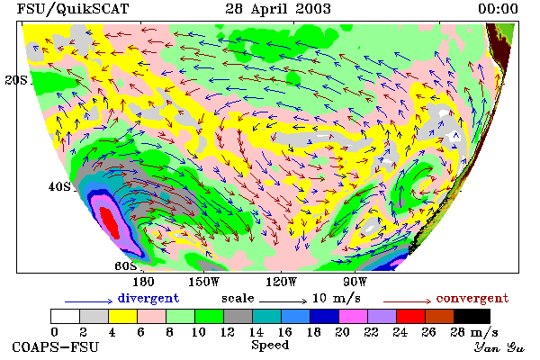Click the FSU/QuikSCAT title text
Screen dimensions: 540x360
[x=73, y=9]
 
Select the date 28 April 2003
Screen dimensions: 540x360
[x=278, y=9]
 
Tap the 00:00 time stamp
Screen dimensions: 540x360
[x=498, y=9]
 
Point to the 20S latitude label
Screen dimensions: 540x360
[x=16, y=80]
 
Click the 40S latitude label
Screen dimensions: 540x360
[x=59, y=186]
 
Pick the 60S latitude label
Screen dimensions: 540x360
[x=125, y=266]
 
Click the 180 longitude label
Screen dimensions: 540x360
[x=143, y=282]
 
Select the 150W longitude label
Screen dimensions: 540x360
[x=204, y=282]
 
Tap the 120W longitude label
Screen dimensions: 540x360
[x=282, y=282]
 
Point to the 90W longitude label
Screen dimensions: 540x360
[x=355, y=282]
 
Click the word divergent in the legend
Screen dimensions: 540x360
[x=148, y=298]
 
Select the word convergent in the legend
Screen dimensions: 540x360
[x=472, y=298]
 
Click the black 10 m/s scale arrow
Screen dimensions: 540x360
[x=283, y=301]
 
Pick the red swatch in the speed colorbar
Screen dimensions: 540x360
[x=410, y=316]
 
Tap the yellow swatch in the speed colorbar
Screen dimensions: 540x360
[x=122, y=316]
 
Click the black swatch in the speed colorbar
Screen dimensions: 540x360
[x=472, y=316]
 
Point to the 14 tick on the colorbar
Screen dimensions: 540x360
[x=256, y=332]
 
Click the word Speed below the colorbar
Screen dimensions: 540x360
[x=270, y=346]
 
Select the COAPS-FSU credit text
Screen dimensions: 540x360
[x=56, y=346]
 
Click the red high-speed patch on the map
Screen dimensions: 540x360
[x=110, y=222]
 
